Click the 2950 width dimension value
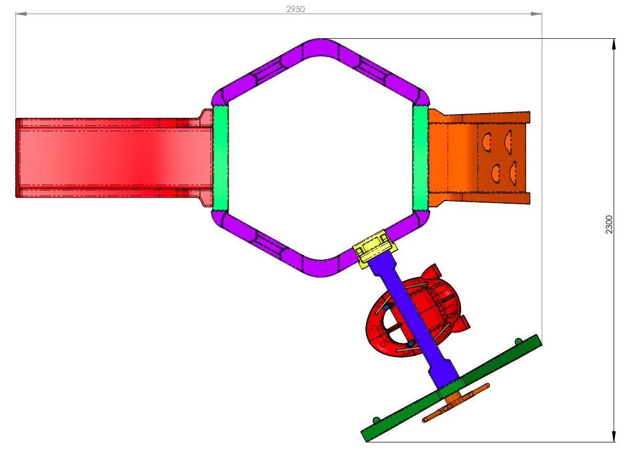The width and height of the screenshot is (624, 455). tap(295, 9)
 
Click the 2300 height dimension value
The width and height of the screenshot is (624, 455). tap(609, 225)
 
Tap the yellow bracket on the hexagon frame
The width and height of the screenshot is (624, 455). tap(375, 248)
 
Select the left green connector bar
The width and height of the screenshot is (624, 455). tap(220, 157)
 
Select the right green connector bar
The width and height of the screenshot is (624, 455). tap(421, 157)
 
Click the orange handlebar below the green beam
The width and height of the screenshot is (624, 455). tap(456, 403)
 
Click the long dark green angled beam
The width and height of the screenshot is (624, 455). tap(451, 389)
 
